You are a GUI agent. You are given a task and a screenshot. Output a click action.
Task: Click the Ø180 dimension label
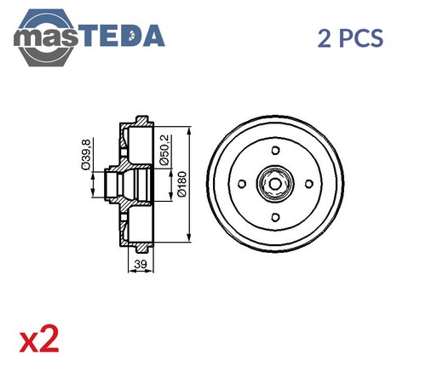181,184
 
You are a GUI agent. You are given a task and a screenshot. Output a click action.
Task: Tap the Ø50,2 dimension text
164,150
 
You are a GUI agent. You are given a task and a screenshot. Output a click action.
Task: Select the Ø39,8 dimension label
85,155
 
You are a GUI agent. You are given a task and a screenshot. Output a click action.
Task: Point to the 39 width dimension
141,264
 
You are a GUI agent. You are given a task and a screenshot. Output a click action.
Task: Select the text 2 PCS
350,38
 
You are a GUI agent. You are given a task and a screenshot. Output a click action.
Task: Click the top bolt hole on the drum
275,150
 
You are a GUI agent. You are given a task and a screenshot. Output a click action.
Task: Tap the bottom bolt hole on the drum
275,218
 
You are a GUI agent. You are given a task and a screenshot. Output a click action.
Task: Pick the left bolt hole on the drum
242,184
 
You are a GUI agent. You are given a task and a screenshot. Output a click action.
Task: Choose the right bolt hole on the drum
309,184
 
